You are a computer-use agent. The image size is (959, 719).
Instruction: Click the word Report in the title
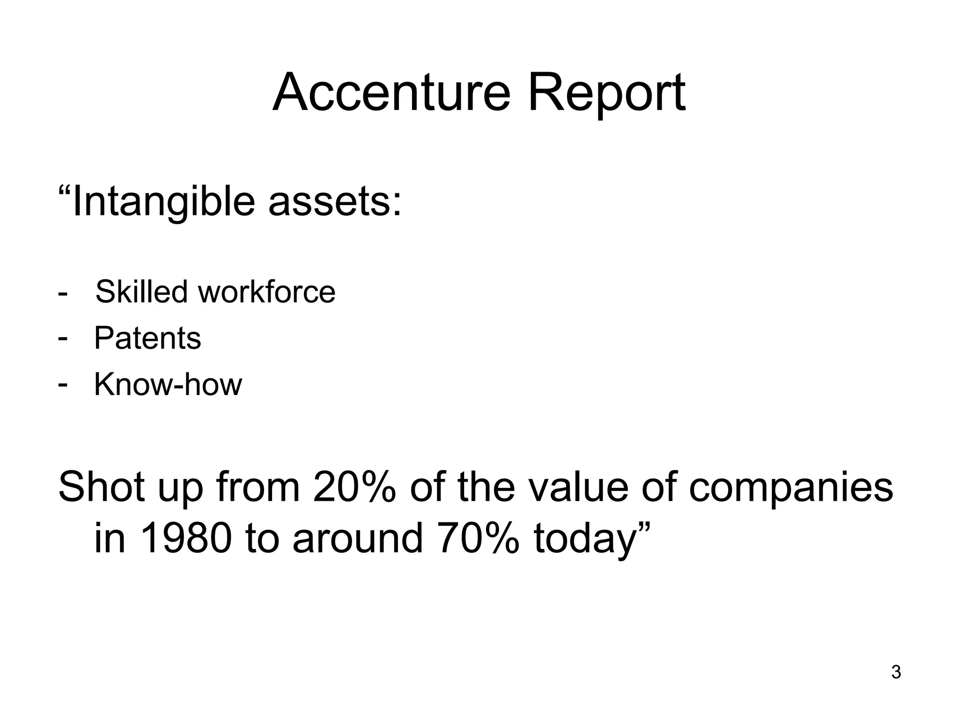[x=606, y=94]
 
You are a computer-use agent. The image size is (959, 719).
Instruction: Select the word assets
[x=334, y=203]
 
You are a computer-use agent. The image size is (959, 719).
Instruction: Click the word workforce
[x=266, y=291]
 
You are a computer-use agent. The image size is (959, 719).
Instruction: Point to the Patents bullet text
[x=148, y=337]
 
